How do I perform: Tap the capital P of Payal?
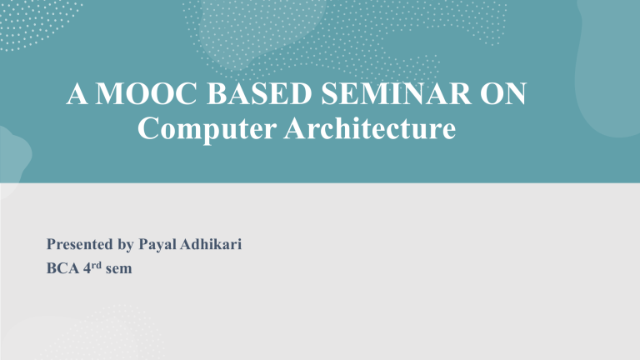(138, 247)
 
